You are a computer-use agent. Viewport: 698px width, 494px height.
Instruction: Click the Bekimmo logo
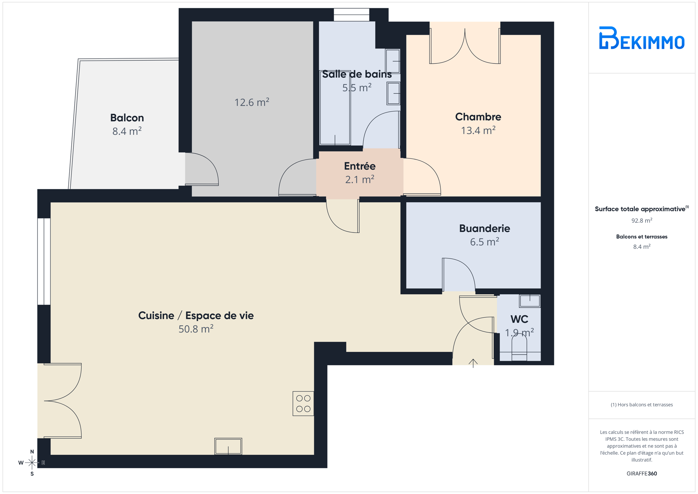click(641, 38)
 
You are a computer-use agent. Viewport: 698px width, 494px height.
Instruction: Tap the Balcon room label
click(127, 118)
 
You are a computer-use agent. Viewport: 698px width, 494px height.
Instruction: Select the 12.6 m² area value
click(252, 102)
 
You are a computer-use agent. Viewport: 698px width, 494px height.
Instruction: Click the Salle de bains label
click(357, 74)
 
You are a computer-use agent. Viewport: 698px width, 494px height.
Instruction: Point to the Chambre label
click(478, 117)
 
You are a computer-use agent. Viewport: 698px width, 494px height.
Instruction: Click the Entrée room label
click(360, 166)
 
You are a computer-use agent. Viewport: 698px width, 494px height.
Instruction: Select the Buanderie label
click(485, 228)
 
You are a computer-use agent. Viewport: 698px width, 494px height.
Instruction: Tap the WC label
click(519, 319)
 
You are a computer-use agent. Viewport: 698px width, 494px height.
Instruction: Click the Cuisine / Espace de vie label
click(196, 315)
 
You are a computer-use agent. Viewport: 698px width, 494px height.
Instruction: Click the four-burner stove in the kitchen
click(303, 403)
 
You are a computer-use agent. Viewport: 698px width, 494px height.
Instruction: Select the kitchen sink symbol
click(228, 446)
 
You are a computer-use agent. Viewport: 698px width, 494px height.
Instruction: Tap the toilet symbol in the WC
click(519, 347)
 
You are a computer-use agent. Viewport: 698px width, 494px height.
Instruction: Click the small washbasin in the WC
click(530, 301)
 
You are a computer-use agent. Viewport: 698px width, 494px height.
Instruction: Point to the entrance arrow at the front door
click(473, 363)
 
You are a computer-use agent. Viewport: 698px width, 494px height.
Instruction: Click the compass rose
click(32, 462)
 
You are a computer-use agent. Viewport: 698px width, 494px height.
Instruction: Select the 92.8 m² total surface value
click(642, 221)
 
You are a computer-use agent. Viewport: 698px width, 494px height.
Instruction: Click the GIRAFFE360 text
click(642, 473)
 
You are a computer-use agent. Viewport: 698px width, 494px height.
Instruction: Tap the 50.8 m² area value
click(196, 329)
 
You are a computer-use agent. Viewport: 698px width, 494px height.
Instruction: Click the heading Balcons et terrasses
click(642, 237)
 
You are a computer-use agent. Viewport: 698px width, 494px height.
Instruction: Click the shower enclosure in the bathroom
click(335, 108)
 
